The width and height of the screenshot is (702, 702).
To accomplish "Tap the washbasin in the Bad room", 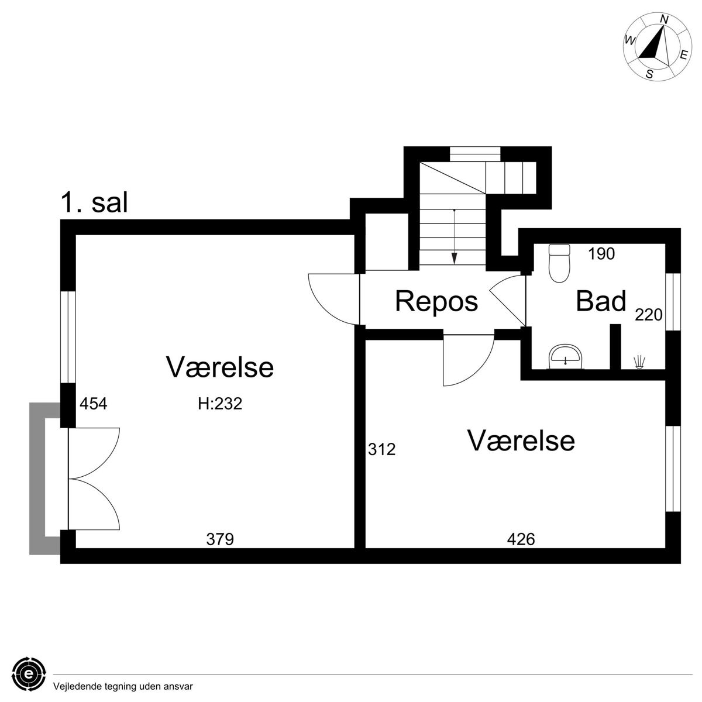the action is [x=565, y=356].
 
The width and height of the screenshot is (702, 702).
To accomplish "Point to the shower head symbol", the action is [x=639, y=363].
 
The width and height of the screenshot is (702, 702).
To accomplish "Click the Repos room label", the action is [x=436, y=302].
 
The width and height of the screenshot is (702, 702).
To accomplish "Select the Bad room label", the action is [x=601, y=301].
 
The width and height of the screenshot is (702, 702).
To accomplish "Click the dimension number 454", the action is [x=93, y=404].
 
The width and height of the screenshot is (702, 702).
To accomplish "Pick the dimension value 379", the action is [x=220, y=539].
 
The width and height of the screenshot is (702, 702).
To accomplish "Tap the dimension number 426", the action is [x=521, y=539].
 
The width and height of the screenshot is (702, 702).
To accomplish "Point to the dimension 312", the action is [x=382, y=449].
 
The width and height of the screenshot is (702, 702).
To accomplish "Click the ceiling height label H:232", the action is [x=220, y=404].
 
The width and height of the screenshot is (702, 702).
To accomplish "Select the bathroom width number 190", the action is [x=601, y=254].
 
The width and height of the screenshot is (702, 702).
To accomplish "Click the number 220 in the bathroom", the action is [x=648, y=315].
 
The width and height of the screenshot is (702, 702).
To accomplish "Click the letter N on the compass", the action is [x=664, y=19].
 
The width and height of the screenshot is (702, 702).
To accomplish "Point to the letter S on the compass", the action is [x=649, y=74].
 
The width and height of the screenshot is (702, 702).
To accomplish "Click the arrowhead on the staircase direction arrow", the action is [x=454, y=259].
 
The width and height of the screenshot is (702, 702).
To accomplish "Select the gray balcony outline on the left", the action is [x=37, y=479].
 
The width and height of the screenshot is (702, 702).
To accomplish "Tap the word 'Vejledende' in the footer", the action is [x=74, y=687].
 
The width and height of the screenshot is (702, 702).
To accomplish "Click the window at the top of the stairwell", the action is [x=474, y=154].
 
